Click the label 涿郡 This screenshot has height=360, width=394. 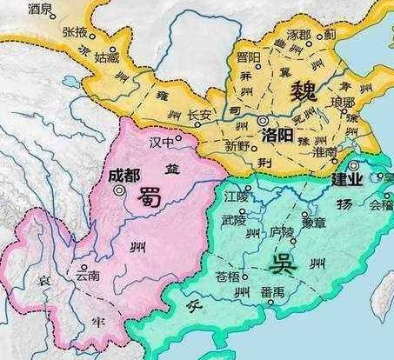pyautogui.click(x=297, y=35)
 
